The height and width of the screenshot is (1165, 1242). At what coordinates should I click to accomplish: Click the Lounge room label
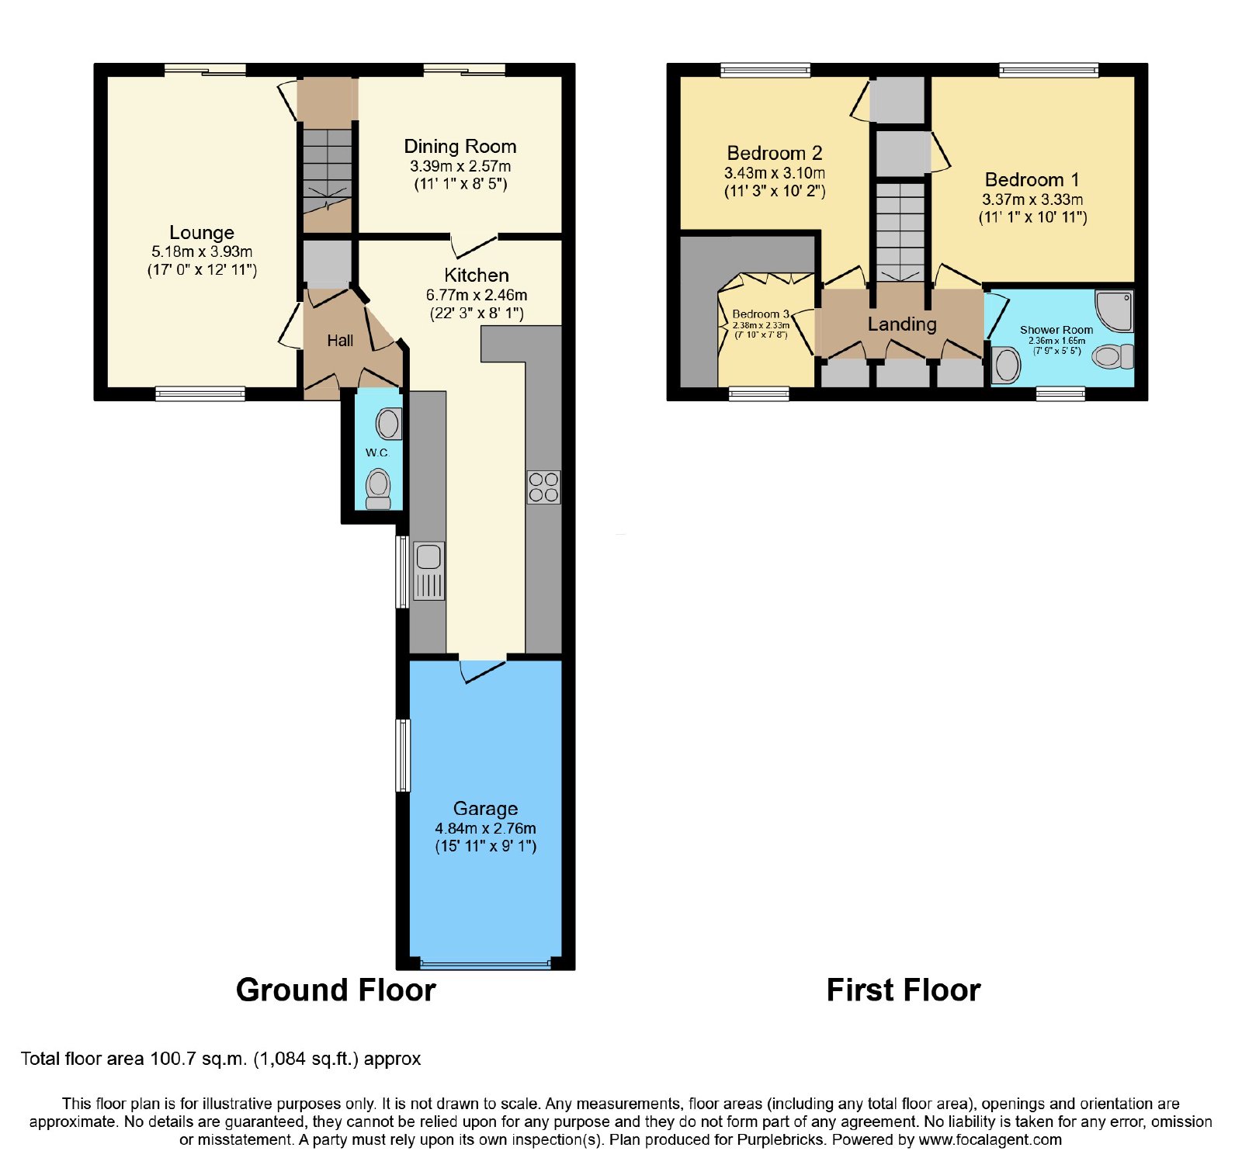[202, 233]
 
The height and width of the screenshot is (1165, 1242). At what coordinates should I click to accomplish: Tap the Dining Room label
[460, 147]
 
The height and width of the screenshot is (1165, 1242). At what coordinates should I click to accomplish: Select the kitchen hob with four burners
[543, 487]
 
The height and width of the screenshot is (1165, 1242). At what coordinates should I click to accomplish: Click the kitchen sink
[428, 570]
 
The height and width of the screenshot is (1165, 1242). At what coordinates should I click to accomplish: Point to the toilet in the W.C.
[378, 490]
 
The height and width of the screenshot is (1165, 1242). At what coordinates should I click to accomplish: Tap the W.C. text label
[377, 452]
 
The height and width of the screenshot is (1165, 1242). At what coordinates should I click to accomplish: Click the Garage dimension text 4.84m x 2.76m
[485, 828]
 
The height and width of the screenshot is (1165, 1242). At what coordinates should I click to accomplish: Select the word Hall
[340, 341]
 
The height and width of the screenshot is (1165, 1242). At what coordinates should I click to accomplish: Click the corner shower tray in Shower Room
[1114, 311]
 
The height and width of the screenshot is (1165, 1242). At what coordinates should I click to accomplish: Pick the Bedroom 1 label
[1032, 180]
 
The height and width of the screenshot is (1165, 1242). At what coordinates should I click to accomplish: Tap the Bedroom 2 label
[775, 154]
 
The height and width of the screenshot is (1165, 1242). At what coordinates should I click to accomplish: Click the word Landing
[902, 324]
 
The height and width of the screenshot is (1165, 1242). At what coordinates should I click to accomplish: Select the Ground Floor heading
[335, 990]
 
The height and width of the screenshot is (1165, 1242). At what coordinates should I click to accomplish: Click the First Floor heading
[904, 990]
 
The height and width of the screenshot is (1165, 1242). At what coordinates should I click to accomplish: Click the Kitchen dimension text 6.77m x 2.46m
[477, 295]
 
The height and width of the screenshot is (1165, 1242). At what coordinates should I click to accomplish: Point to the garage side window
[403, 755]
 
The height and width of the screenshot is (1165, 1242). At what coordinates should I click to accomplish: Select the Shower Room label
[1056, 330]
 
